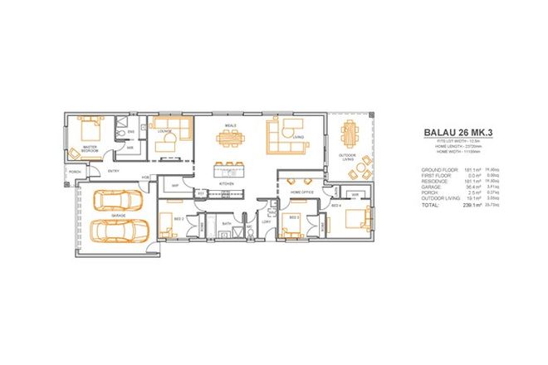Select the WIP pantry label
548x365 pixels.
175,186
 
